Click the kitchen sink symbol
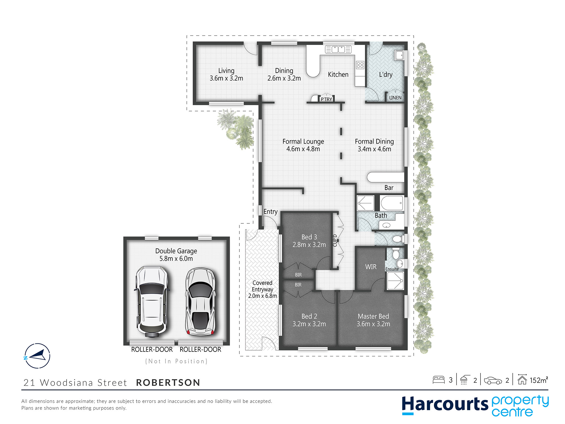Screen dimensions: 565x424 [x=338, y=49]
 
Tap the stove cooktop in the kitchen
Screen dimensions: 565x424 [x=360, y=65]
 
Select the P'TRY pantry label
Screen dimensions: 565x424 [x=326, y=99]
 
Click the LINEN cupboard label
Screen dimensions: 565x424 [x=395, y=98]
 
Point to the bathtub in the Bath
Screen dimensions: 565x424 [x=392, y=203]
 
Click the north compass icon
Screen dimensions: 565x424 [x=37, y=356]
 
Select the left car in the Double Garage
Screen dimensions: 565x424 [x=152, y=302]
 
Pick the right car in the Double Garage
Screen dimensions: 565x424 [x=200, y=302]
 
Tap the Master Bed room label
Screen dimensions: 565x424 [x=373, y=316]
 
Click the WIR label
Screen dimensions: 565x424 [x=371, y=267]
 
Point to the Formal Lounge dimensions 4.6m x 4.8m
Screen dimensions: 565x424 [x=303, y=149]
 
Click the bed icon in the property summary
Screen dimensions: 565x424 [x=439, y=380]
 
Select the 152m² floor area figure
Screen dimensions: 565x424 [x=539, y=380]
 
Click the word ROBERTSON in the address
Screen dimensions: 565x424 [x=168, y=382]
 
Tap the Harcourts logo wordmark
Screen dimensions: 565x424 [x=445, y=404]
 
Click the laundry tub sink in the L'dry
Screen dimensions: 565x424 [x=399, y=55]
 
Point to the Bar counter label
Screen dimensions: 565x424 [x=389, y=188]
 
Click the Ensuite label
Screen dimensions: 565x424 [x=392, y=269]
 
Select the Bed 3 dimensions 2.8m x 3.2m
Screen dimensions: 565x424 [x=309, y=245]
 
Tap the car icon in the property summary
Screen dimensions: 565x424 [x=493, y=380]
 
